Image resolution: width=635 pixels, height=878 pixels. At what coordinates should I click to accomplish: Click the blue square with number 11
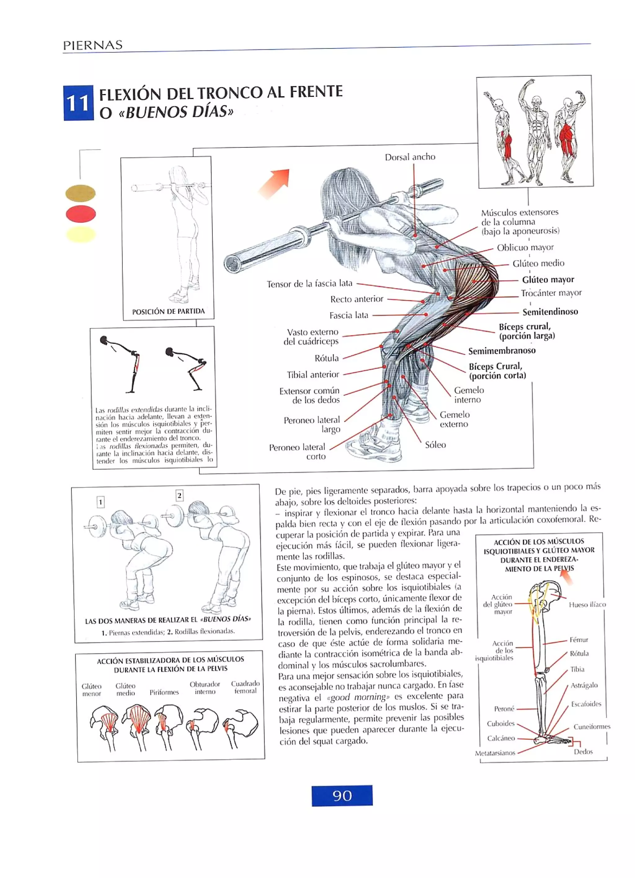(x=78, y=103)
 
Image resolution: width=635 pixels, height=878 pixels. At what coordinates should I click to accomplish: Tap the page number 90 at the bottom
(x=342, y=795)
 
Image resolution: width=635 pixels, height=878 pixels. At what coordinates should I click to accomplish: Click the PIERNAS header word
(x=93, y=45)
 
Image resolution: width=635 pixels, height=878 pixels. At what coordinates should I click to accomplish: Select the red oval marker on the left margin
(x=81, y=214)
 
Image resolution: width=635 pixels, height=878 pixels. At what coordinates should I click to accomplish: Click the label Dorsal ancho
(x=410, y=157)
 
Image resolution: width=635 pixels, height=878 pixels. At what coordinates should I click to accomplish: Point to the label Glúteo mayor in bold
(x=548, y=280)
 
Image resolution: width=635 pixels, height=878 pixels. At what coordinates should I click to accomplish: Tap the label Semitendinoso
(x=550, y=312)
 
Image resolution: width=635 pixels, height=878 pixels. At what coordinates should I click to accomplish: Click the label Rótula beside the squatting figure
(x=326, y=358)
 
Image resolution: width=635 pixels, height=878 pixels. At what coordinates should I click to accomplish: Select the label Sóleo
(x=435, y=445)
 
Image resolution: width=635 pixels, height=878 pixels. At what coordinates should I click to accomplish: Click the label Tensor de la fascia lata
(x=309, y=284)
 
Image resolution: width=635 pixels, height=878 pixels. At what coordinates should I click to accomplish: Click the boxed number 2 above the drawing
(x=180, y=496)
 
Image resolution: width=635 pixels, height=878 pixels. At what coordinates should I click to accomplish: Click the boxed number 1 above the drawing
(x=100, y=502)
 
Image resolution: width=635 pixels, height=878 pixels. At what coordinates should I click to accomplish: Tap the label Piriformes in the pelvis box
(x=164, y=692)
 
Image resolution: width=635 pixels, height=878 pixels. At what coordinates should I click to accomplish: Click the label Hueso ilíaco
(x=587, y=605)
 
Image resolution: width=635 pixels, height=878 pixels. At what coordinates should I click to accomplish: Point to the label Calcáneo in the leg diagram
(x=501, y=738)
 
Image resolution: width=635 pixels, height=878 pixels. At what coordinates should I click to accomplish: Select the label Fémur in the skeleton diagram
(x=579, y=640)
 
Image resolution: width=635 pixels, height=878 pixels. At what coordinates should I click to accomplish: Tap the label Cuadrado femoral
(x=245, y=687)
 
